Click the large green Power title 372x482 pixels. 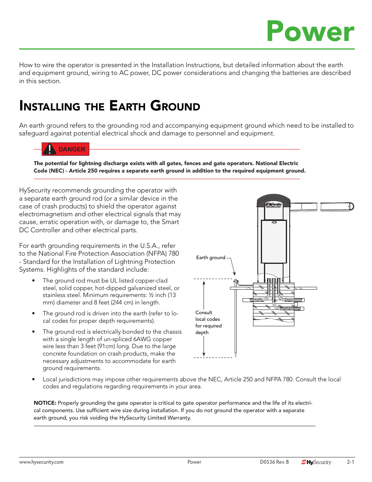coord(310,31)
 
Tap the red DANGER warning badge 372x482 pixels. coord(66,149)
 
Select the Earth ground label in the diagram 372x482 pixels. coord(211,258)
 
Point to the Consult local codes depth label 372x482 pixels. coord(208,322)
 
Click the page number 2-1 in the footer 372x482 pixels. coord(351,462)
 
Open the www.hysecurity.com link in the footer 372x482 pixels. coord(41,462)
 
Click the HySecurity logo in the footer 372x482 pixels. coord(316,462)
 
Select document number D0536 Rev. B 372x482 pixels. coord(274,462)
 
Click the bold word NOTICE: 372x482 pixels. coord(45,403)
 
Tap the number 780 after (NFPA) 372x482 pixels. coord(174,253)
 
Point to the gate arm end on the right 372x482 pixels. coord(351,206)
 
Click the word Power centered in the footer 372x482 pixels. coord(194,462)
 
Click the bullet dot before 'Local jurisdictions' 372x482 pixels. coord(34,379)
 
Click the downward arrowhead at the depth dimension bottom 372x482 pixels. coord(204,354)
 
